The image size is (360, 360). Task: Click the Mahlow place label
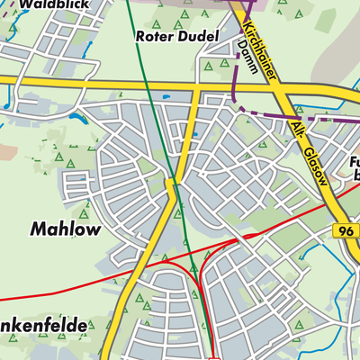[x=66, y=229]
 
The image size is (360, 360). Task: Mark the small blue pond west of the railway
[x=75, y=117]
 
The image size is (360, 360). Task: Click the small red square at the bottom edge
[x=214, y=356]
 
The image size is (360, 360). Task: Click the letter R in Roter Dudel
[x=139, y=37]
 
